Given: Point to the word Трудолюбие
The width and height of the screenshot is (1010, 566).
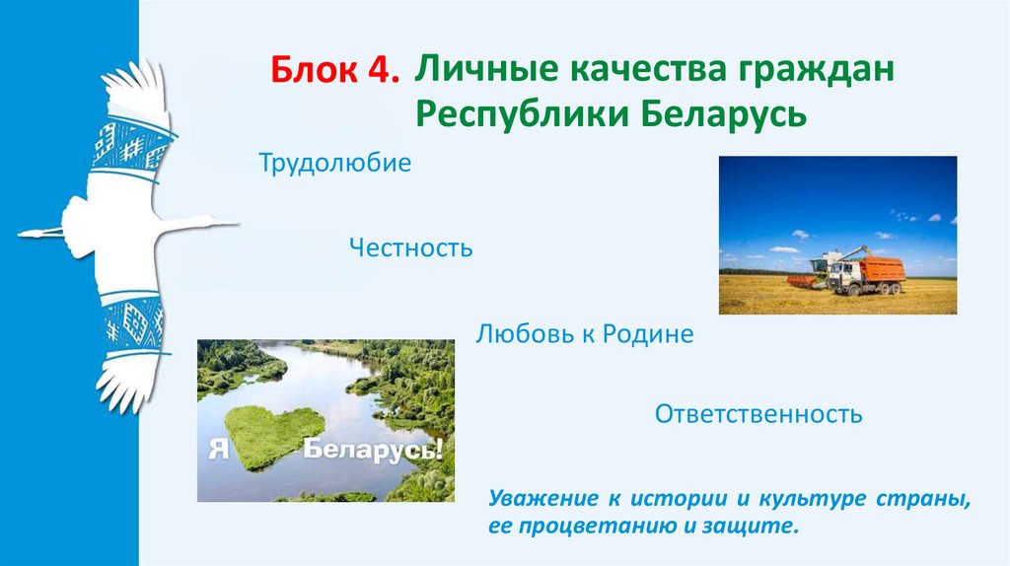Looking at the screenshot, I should [x=334, y=163].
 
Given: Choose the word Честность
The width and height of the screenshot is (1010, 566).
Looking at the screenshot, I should [x=410, y=248].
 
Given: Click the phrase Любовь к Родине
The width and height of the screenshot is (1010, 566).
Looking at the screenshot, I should [x=585, y=334].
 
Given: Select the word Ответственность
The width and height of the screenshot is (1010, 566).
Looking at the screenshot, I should [x=758, y=414].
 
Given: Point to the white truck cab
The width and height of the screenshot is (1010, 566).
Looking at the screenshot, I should [x=846, y=276].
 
